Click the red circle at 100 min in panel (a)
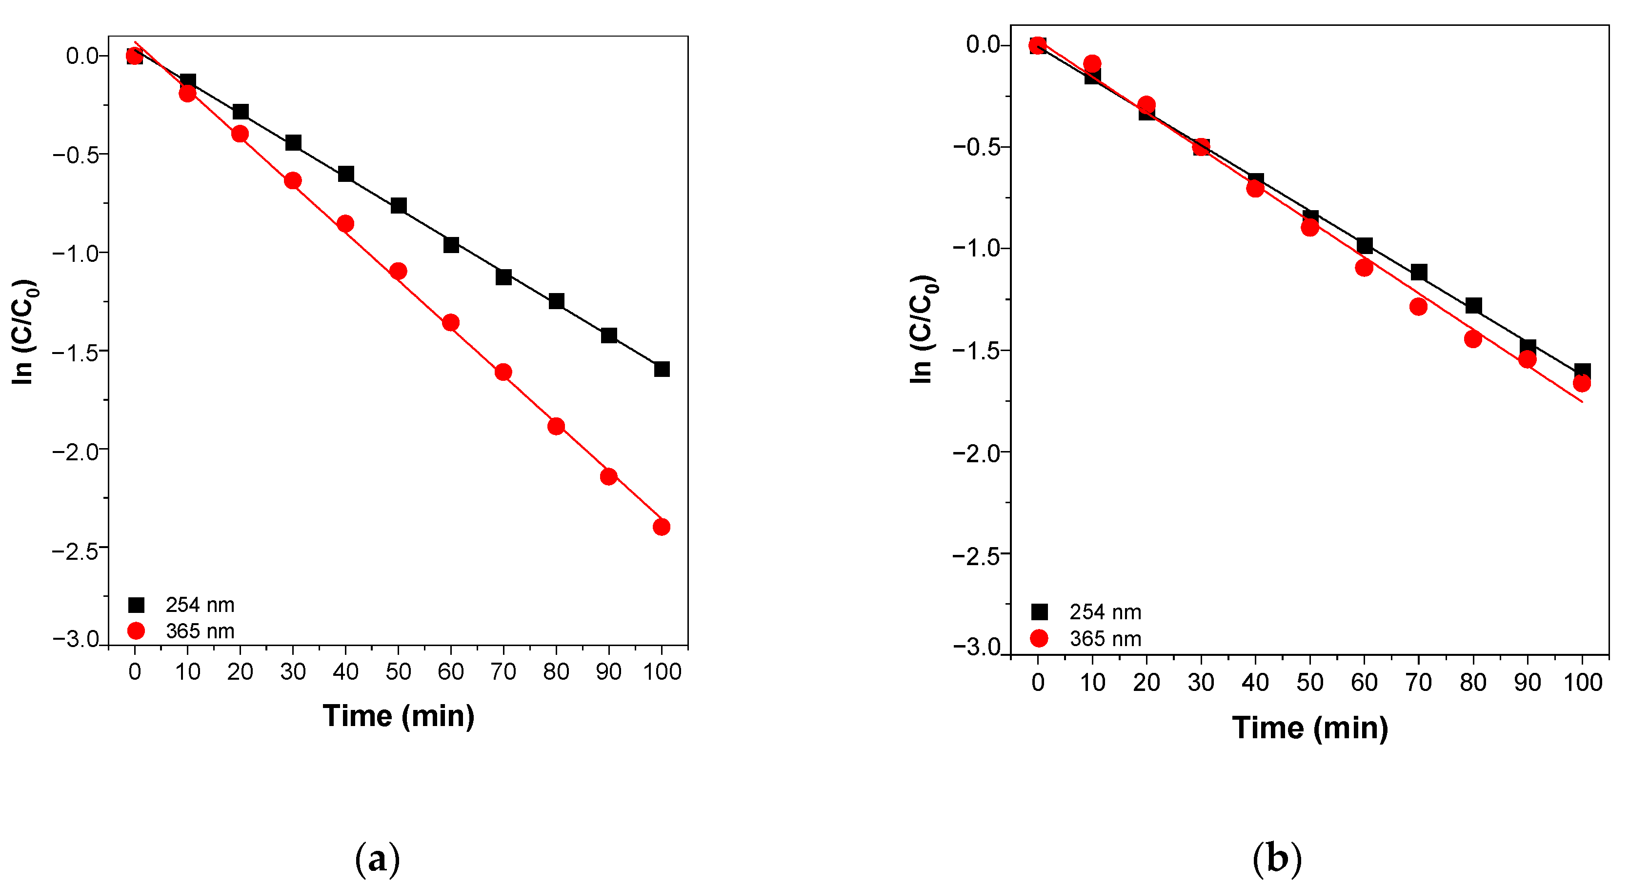(662, 527)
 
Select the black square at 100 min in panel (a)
(662, 369)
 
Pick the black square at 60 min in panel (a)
(451, 245)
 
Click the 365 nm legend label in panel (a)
(200, 631)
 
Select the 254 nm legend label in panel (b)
(1106, 612)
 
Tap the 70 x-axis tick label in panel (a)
(503, 671)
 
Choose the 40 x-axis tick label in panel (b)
(1255, 682)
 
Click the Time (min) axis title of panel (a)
(399, 716)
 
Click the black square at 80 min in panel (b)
(1473, 306)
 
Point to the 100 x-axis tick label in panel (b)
(1583, 682)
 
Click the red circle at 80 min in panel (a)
(556, 426)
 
